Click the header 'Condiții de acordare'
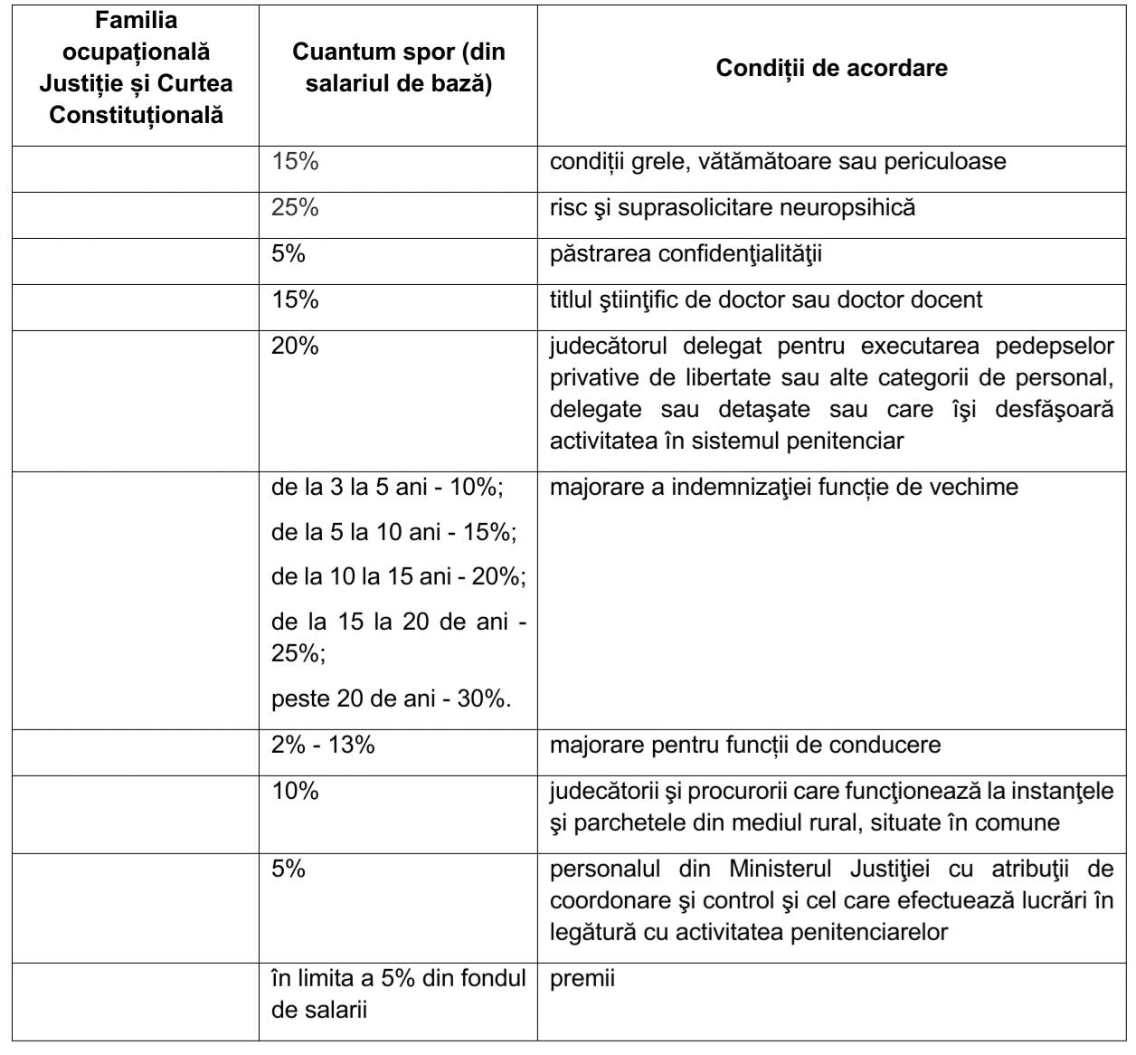pyautogui.click(x=831, y=69)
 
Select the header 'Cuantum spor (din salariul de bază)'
pyautogui.click(x=398, y=69)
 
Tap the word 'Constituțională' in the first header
pyautogui.click(x=136, y=116)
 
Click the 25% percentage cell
pyautogui.click(x=295, y=207)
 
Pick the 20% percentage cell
pyautogui.click(x=295, y=346)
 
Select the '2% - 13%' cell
pyautogui.click(x=323, y=745)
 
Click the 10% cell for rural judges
pyautogui.click(x=295, y=791)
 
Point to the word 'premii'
pyautogui.click(x=582, y=978)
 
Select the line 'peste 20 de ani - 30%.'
pyautogui.click(x=392, y=699)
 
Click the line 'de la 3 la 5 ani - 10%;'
pyautogui.click(x=387, y=487)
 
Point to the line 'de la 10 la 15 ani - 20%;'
pyautogui.click(x=399, y=576)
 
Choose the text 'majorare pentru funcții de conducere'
pyautogui.click(x=745, y=745)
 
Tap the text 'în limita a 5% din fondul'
pyautogui.click(x=398, y=978)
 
